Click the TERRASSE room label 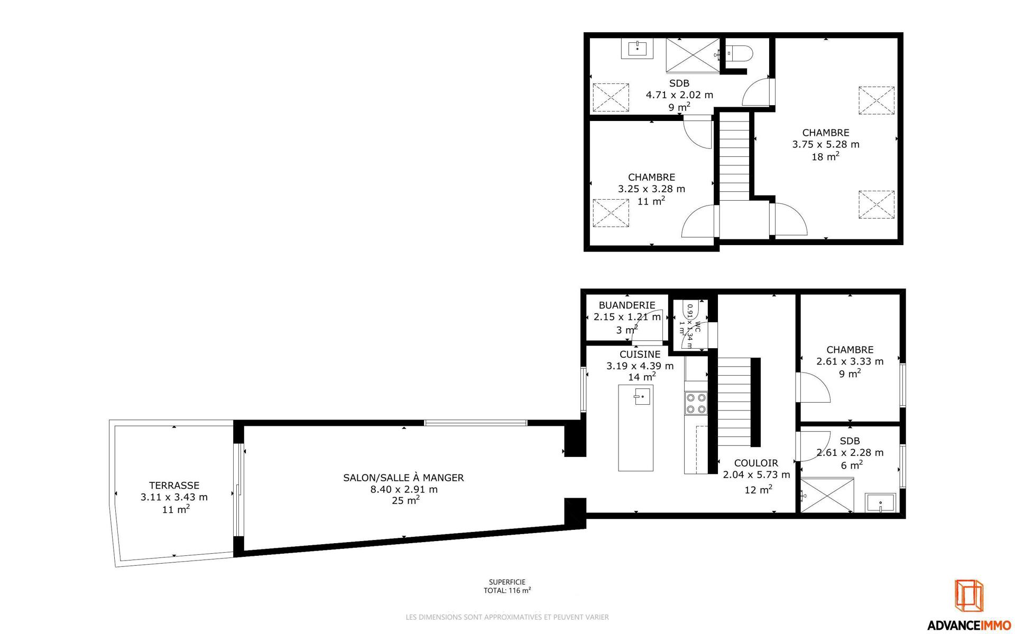click(x=174, y=485)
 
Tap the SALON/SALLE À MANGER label click(x=403, y=477)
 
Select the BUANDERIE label click(x=627, y=305)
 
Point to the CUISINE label click(x=640, y=354)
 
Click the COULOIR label click(x=756, y=463)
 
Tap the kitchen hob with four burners click(x=696, y=403)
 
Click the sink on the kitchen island click(x=642, y=396)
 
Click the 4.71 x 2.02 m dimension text click(x=679, y=95)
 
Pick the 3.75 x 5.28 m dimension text click(x=826, y=144)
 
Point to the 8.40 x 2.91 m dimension click(x=404, y=489)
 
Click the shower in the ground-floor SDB click(x=827, y=495)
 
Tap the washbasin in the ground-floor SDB click(x=880, y=503)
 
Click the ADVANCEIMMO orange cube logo click(x=969, y=602)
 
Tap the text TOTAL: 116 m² click(x=507, y=591)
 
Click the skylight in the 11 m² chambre click(x=611, y=213)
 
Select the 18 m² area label click(x=826, y=156)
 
